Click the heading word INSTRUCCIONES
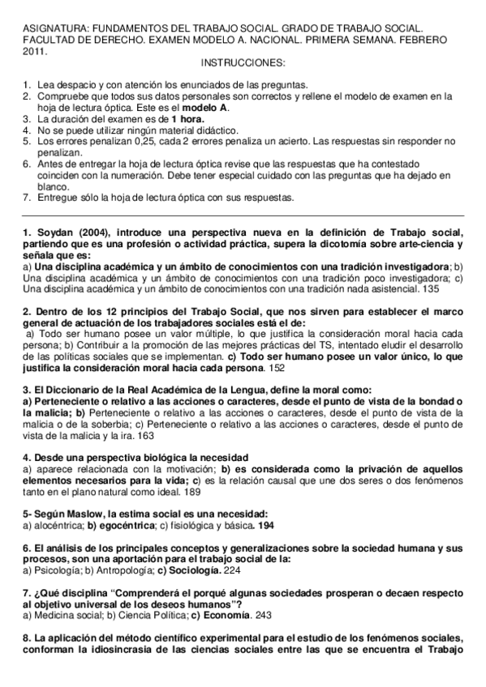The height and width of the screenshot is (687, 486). point(243,62)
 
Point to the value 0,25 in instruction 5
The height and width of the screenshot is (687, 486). point(142,140)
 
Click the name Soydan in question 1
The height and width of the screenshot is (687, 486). point(55,234)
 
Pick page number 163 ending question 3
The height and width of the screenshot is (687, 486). point(146,435)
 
